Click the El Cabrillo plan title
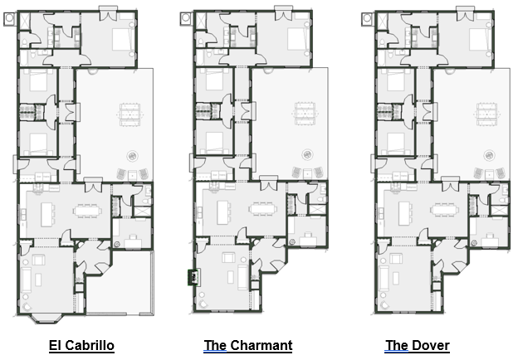click(x=81, y=345)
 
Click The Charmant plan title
click(x=248, y=345)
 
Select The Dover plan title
click(x=418, y=345)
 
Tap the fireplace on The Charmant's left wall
click(x=193, y=277)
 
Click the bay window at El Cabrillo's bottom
click(x=46, y=318)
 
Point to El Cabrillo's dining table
click(x=87, y=211)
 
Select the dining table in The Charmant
click(x=262, y=209)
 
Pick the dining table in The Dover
click(x=444, y=209)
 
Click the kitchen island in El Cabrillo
click(x=47, y=215)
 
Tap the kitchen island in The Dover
click(x=404, y=213)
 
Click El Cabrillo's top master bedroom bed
click(x=122, y=39)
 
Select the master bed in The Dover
click(x=479, y=39)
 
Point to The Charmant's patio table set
click(x=305, y=113)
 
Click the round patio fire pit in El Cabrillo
click(x=133, y=155)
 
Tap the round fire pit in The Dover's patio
click(x=489, y=155)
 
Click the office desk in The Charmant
click(x=308, y=240)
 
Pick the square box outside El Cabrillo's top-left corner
click(x=9, y=18)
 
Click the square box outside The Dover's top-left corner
click(x=367, y=18)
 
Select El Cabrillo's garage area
click(x=120, y=282)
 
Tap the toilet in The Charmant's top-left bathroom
click(x=200, y=42)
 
